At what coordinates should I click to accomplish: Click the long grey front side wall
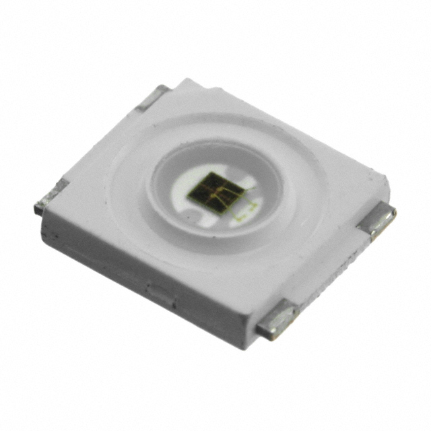[x=135, y=269]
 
